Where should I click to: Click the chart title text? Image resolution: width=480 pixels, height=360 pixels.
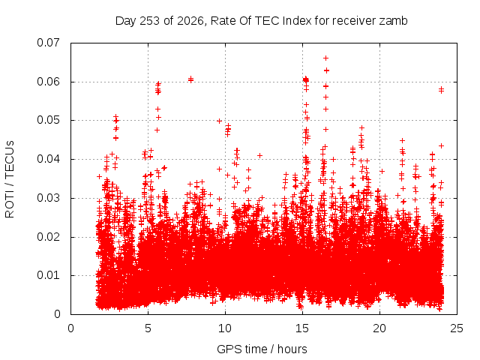coord(262,21)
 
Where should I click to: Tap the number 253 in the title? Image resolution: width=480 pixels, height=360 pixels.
coord(150,21)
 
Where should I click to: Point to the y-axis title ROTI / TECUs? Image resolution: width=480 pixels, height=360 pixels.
coord(10,179)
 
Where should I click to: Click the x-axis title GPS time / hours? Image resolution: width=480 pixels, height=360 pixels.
coord(262,349)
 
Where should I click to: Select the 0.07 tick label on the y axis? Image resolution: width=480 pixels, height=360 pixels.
coord(48,43)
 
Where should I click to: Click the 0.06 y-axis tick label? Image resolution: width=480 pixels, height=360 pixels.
coord(48,82)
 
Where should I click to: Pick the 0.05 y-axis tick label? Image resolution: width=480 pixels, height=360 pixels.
coord(48,120)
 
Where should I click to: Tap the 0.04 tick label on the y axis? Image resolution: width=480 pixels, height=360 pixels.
coord(48,159)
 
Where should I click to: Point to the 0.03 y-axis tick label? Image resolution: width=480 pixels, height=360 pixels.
coord(48,198)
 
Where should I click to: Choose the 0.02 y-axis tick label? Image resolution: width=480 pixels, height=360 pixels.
coord(48,237)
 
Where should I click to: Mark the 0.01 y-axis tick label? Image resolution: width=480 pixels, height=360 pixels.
coord(48,275)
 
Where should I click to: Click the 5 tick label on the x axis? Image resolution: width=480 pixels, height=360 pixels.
coord(148,328)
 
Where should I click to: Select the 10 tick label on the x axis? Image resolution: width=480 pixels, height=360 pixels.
coord(225,328)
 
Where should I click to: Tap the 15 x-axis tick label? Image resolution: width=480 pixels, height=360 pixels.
coord(302,328)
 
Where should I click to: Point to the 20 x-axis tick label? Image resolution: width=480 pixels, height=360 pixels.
coord(379,328)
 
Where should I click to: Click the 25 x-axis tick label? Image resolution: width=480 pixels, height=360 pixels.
coord(457,328)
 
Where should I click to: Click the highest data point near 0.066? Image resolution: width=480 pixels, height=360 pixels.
coord(326,58)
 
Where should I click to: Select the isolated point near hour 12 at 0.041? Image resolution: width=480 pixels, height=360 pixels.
coord(260,155)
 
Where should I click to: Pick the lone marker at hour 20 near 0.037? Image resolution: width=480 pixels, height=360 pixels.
coord(382,172)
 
